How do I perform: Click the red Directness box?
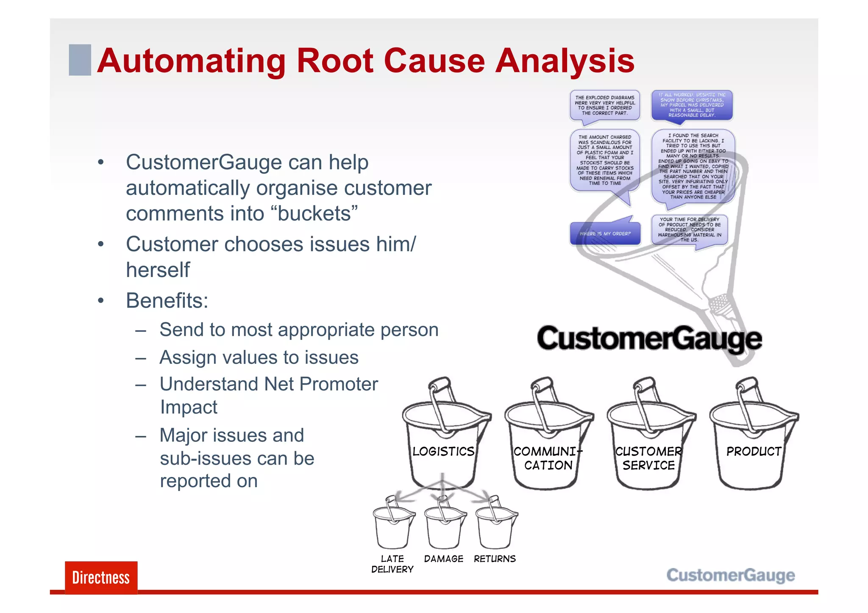(101, 577)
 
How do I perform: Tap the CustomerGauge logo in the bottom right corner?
(730, 575)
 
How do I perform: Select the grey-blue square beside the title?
(80, 60)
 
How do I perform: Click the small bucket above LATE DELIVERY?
(392, 525)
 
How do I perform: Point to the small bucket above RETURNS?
(495, 525)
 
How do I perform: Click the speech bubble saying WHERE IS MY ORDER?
(605, 233)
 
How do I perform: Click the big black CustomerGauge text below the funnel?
(649, 339)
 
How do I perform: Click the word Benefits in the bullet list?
(166, 301)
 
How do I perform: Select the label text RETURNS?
(495, 559)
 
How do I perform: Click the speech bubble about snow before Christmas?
(692, 105)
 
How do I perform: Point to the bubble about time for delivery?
(690, 230)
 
